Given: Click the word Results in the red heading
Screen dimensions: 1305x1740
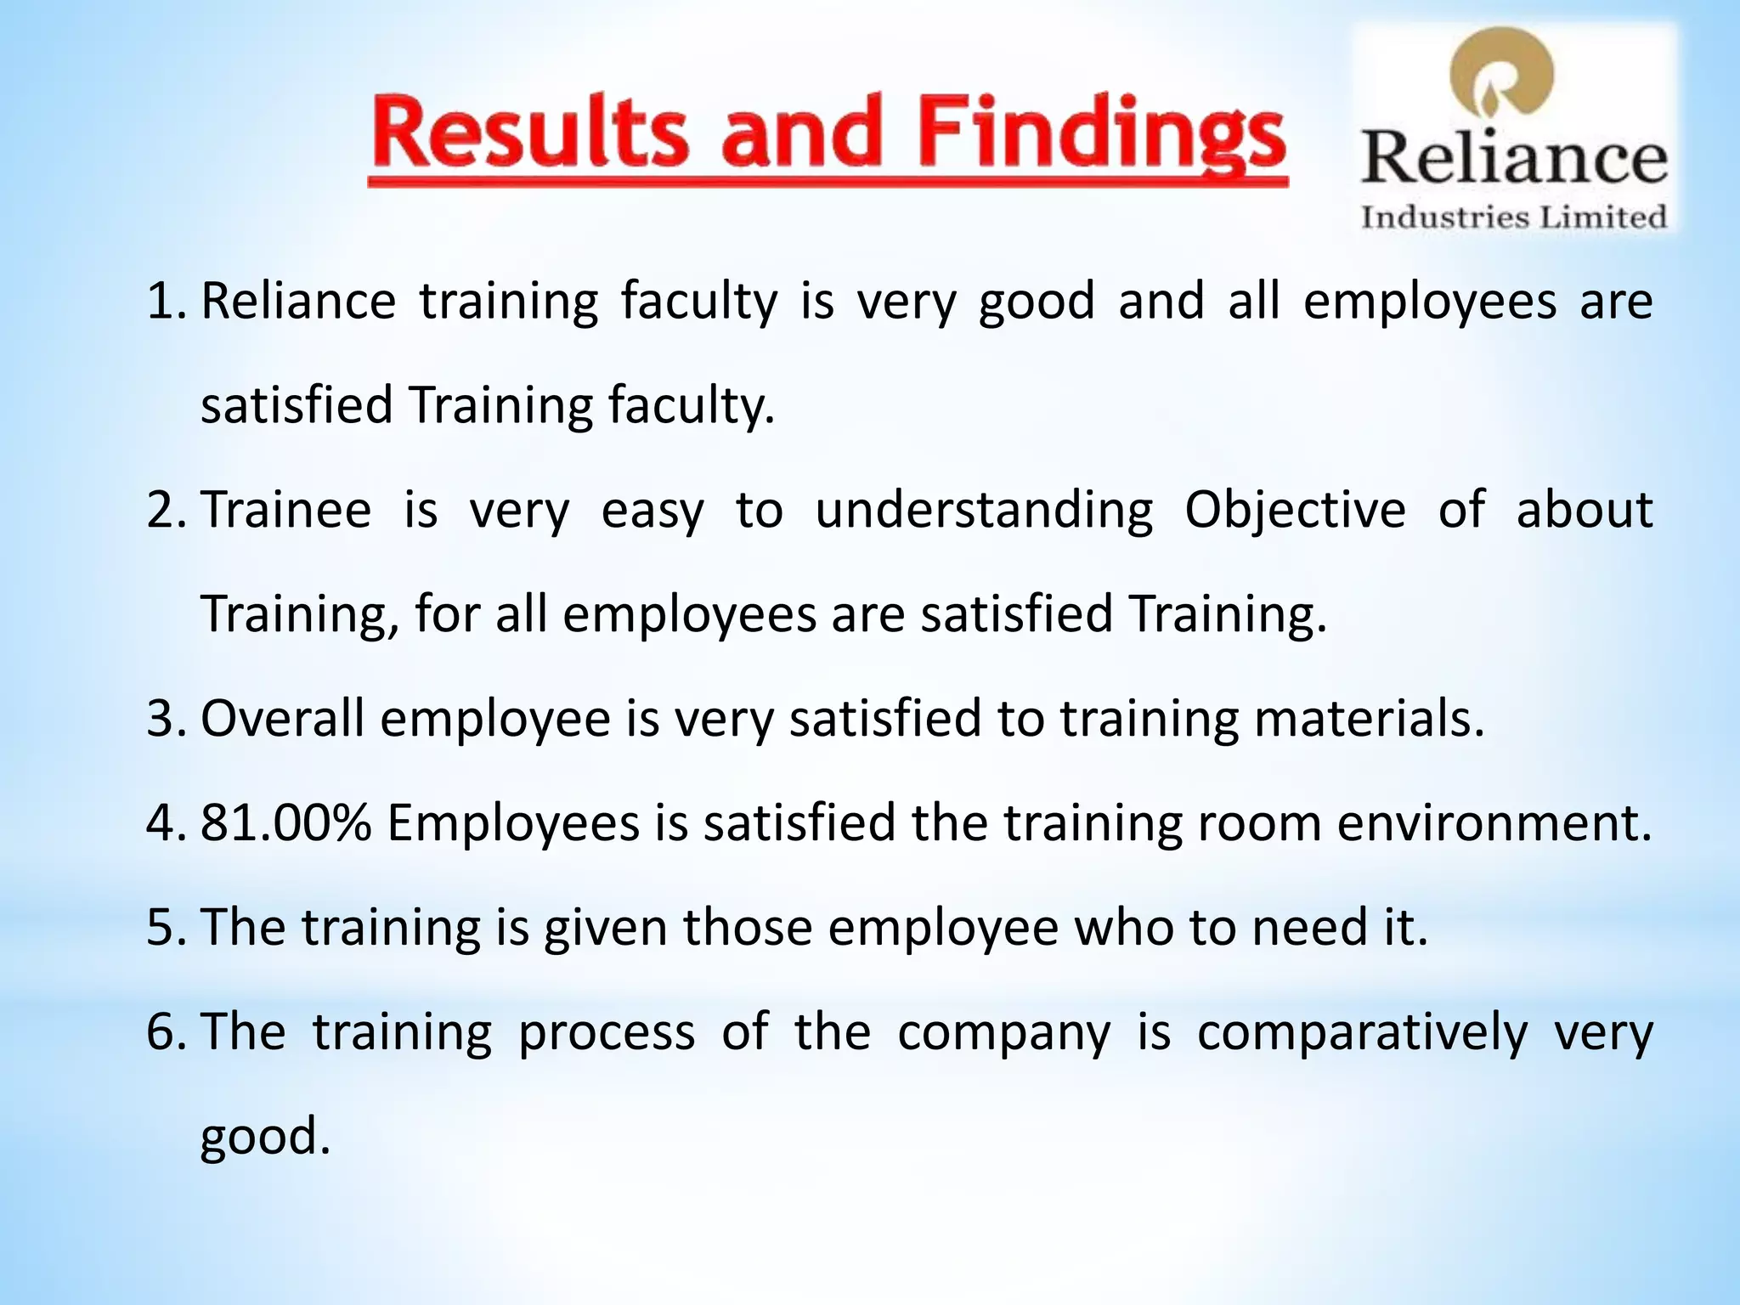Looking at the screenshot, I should click(x=528, y=134).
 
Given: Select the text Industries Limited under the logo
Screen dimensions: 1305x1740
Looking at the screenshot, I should click(x=1514, y=217).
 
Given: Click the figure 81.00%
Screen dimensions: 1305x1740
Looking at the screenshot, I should click(x=286, y=823).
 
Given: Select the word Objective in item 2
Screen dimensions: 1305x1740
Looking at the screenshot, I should click(x=1295, y=511).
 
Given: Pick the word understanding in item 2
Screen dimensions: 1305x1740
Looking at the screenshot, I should click(x=984, y=511).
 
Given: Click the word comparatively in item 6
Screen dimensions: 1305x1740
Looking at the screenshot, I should click(x=1362, y=1032).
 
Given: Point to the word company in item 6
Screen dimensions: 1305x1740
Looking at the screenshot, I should click(x=1003, y=1032).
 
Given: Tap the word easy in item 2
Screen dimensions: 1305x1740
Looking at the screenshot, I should click(x=652, y=511).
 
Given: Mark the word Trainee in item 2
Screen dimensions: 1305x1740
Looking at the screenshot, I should click(x=286, y=511).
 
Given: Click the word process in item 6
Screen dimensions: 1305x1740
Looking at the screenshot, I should click(x=607, y=1032).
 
